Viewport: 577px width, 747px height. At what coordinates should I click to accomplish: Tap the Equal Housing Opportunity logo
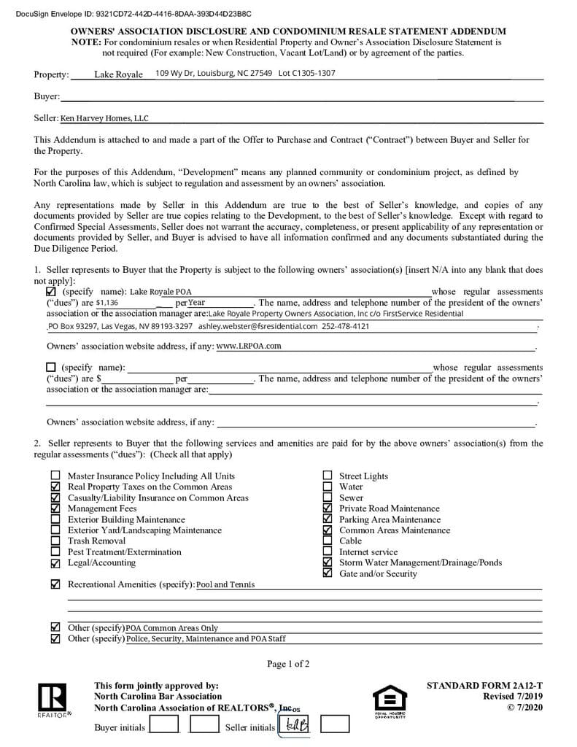390,700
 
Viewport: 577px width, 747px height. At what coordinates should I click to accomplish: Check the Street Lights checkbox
327,476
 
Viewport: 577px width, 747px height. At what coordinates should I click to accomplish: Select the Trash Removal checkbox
55,541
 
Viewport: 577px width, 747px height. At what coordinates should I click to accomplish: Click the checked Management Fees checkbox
55,508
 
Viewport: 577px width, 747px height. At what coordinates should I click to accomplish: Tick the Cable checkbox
327,541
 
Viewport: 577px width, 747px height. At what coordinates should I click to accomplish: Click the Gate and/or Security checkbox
327,574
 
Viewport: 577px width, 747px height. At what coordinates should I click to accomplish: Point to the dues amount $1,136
107,303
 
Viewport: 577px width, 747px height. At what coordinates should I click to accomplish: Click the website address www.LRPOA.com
249,346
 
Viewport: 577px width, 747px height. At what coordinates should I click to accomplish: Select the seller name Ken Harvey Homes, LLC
104,118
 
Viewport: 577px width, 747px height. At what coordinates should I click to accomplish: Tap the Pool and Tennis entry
225,585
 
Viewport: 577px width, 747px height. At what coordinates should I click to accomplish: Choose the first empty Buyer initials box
163,725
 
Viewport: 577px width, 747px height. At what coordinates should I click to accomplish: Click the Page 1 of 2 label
288,664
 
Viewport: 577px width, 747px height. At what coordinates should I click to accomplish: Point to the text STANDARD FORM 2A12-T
484,686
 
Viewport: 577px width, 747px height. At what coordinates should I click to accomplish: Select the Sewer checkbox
327,498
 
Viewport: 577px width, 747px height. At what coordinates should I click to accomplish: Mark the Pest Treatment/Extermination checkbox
55,552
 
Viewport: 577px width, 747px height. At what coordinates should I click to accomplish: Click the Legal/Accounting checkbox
55,563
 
